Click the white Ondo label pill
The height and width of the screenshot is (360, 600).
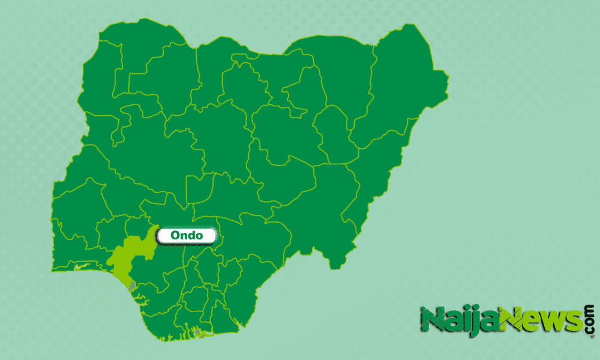pyautogui.click(x=186, y=235)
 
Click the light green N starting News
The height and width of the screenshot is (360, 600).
pyautogui.click(x=513, y=319)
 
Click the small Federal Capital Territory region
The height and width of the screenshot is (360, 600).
pyautogui.click(x=199, y=188)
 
